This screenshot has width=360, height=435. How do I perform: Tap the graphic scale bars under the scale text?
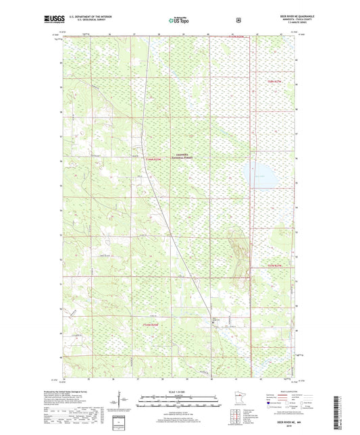180,403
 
